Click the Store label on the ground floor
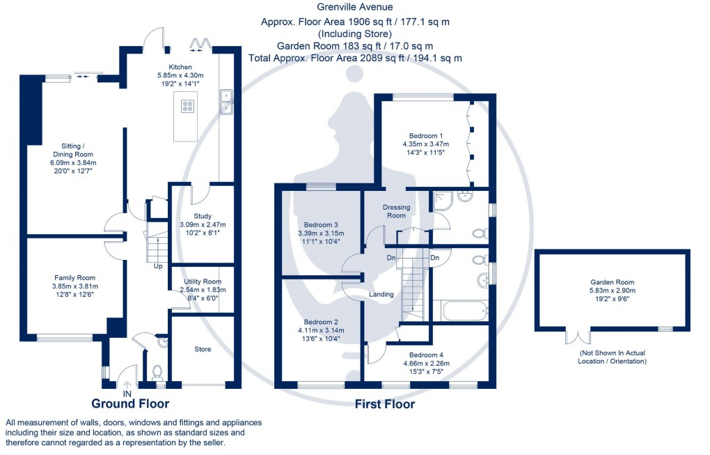[x=203, y=349]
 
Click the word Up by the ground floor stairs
[x=159, y=266]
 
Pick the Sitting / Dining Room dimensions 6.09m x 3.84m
[x=68, y=162]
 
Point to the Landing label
[x=381, y=294]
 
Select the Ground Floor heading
[x=130, y=403]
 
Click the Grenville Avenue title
[x=355, y=8]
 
